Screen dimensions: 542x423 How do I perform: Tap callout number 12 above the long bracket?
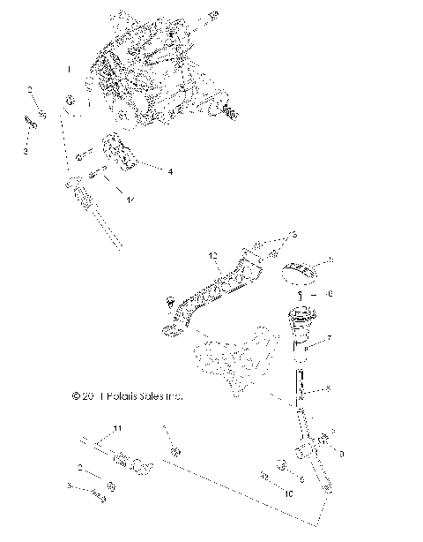[211, 255]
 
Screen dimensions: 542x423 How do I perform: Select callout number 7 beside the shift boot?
[329, 338]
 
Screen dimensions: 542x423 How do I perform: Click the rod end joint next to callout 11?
[141, 466]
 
